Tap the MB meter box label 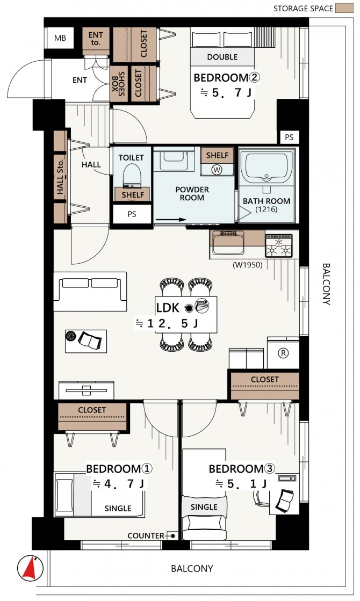coord(60,38)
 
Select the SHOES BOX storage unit coord(118,84)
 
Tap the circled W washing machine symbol coord(217,169)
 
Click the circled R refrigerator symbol coord(283,353)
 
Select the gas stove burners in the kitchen coord(279,245)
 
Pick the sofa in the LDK coord(90,291)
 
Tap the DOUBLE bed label coord(222,57)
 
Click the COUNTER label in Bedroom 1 coord(146,535)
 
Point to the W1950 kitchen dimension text coord(248,264)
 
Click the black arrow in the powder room coord(171,220)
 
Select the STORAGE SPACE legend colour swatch coord(344,8)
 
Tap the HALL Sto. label coord(61,176)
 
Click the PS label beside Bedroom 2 coord(289,137)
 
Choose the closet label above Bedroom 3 coord(265,380)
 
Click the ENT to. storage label coord(96,39)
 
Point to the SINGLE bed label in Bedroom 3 coord(204,507)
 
